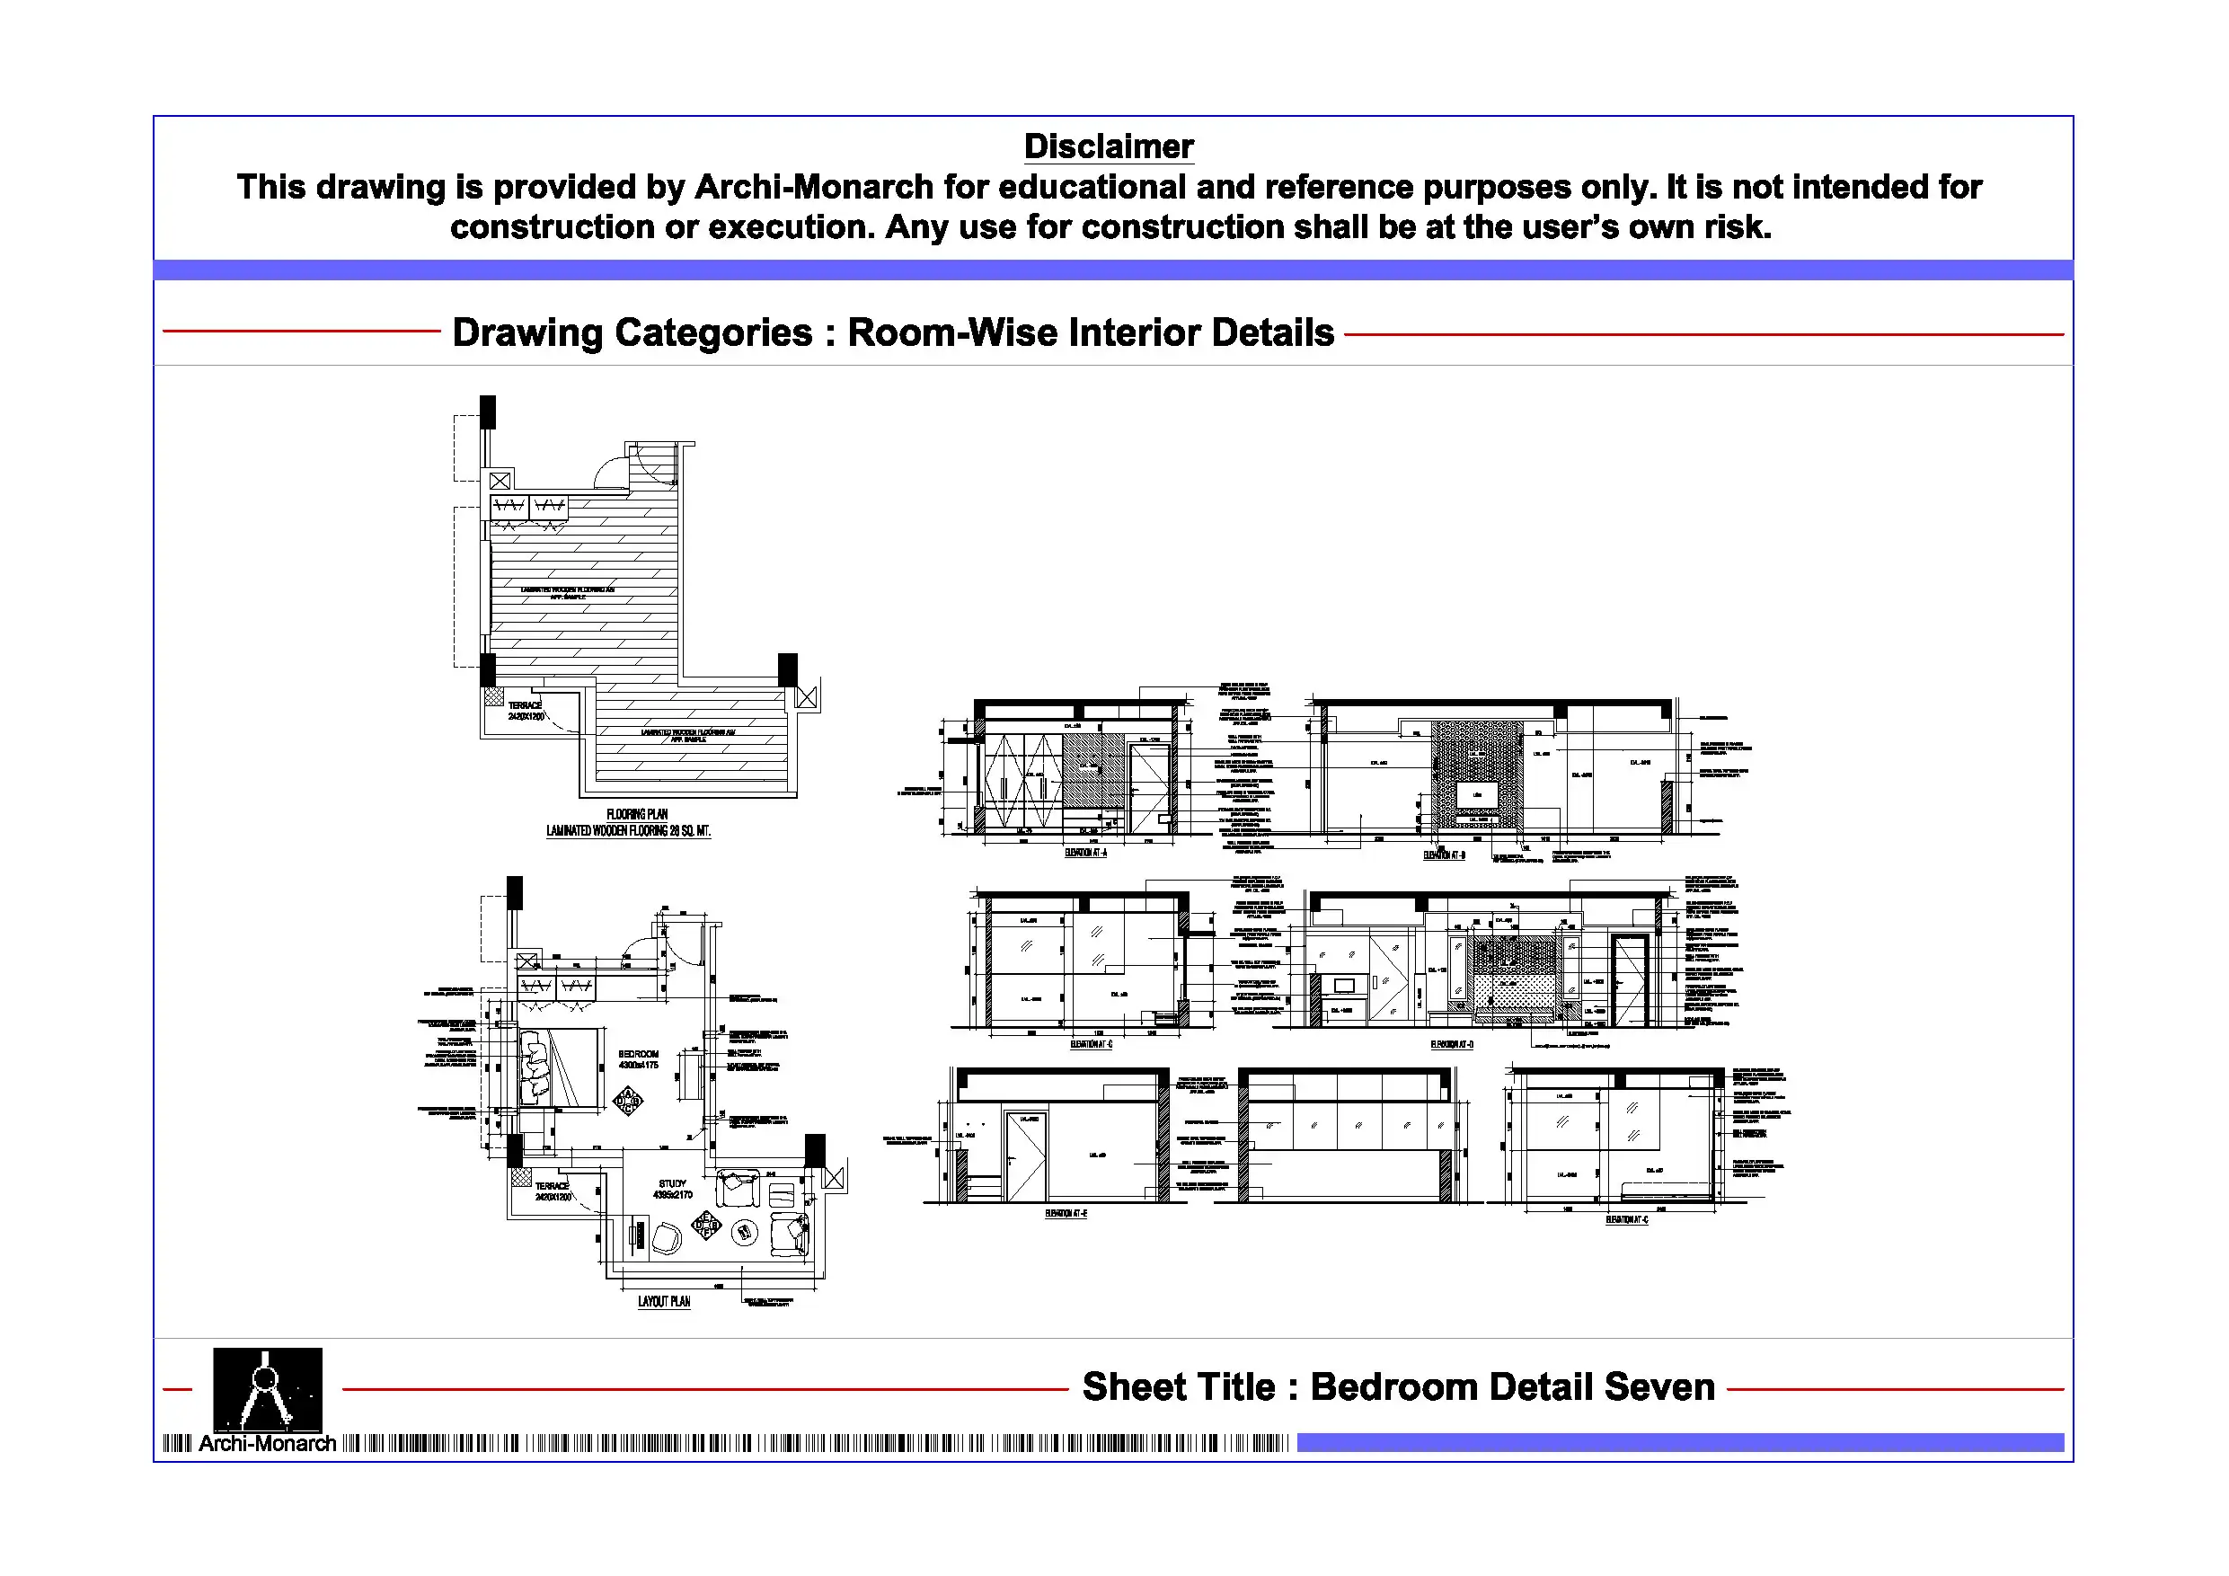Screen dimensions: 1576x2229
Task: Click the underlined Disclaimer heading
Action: pos(1108,146)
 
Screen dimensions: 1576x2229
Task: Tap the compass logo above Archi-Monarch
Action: pos(267,1388)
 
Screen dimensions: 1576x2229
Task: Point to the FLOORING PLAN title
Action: pos(637,814)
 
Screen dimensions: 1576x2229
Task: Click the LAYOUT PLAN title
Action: pos(664,1301)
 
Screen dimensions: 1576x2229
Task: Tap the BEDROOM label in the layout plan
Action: pos(638,1054)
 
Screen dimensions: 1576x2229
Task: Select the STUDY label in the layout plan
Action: pos(672,1183)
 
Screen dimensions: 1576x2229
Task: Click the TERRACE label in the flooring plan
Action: pos(525,705)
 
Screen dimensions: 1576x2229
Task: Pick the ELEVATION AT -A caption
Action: pos(1085,853)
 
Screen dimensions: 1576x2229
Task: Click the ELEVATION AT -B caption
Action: pos(1444,854)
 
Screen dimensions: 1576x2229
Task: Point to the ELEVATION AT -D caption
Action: pos(1451,1045)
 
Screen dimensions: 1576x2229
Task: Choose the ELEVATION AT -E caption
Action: pos(1066,1213)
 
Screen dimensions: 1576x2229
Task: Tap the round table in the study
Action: pos(744,1232)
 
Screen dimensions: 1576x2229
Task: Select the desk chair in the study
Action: pos(666,1238)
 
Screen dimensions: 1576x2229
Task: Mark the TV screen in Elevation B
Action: pos(1478,793)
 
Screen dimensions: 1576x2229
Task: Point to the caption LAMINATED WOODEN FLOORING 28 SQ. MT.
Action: pos(628,831)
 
